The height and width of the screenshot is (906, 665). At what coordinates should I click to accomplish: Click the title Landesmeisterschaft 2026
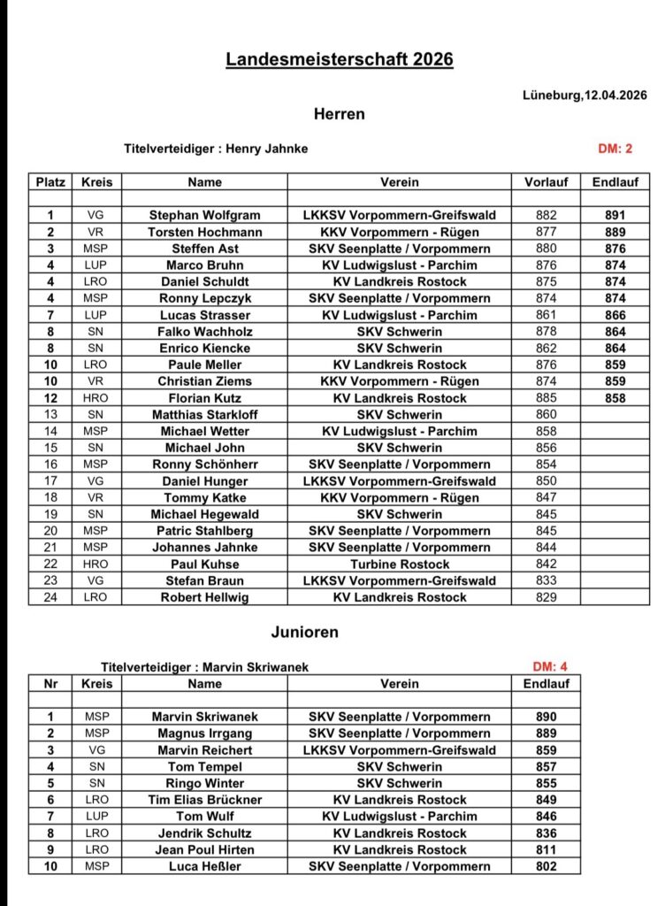coord(340,59)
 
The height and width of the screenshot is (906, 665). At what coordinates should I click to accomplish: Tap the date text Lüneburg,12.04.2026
coord(585,96)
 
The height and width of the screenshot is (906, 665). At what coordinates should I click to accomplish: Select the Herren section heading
coord(339,114)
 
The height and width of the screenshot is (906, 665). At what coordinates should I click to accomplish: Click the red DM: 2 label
coord(615,149)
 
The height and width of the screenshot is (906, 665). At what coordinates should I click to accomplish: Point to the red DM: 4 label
coord(550,667)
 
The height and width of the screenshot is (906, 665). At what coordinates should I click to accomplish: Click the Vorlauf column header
coord(546,182)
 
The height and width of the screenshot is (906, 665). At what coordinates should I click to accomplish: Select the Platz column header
coord(50,182)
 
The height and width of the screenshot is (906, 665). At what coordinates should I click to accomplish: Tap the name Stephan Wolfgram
coord(204,215)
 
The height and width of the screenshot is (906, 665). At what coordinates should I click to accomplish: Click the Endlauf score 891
coord(615,215)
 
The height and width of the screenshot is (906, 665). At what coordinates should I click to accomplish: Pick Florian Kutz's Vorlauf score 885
coord(546,398)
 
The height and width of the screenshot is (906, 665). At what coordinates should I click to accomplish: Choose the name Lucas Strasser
coord(204,315)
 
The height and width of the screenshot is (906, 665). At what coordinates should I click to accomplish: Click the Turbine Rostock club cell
coord(399,564)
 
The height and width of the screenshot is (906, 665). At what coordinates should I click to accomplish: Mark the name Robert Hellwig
coord(204,597)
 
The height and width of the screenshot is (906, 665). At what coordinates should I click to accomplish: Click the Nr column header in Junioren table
coord(50,684)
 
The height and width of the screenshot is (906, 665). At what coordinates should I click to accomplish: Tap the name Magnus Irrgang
coord(204,733)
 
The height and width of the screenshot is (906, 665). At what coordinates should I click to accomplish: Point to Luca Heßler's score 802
coord(546,866)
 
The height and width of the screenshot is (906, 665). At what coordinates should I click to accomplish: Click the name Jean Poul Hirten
coord(204,849)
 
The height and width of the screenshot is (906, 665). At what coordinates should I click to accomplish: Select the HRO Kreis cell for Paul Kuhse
coord(96,564)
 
